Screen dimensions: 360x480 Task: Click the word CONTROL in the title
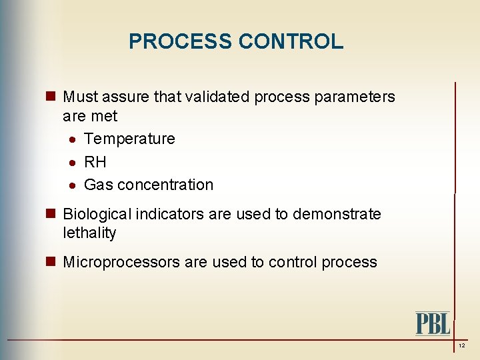point(291,41)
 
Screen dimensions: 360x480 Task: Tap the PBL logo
point(433,323)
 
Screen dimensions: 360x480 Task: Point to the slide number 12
point(461,346)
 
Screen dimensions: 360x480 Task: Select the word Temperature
point(129,139)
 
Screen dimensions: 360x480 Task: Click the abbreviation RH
point(95,162)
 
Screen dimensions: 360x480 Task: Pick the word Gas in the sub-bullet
point(98,185)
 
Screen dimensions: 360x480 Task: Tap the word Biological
point(97,214)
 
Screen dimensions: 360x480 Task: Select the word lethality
point(89,233)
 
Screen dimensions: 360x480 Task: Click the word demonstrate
point(337,214)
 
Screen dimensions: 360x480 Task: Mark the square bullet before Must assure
point(52,97)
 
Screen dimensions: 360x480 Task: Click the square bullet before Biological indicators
point(52,214)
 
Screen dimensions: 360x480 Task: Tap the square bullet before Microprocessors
point(52,262)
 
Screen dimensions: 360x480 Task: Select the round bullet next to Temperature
point(73,140)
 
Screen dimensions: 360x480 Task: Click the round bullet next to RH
point(73,163)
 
